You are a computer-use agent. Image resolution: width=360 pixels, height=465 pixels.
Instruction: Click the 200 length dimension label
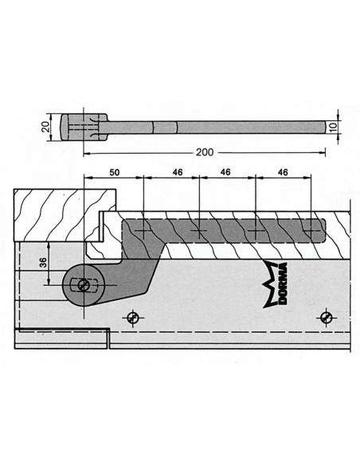pyautogui.click(x=205, y=152)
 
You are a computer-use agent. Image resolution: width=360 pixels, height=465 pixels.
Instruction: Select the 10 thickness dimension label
pyautogui.click(x=334, y=127)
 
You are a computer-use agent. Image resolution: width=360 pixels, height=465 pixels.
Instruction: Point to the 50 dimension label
pyautogui.click(x=115, y=172)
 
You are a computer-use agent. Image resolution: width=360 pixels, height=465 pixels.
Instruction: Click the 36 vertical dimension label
pyautogui.click(x=44, y=263)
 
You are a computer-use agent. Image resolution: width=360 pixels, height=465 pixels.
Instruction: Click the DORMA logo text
pyautogui.click(x=283, y=283)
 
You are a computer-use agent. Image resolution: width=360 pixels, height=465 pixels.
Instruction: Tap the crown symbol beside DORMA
pyautogui.click(x=270, y=284)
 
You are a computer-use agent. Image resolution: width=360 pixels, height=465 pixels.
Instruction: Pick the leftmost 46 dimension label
pyautogui.click(x=177, y=172)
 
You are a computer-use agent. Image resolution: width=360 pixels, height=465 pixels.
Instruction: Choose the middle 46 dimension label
pyautogui.click(x=225, y=172)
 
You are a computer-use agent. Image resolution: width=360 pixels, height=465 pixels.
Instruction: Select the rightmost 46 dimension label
pyautogui.click(x=283, y=172)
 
